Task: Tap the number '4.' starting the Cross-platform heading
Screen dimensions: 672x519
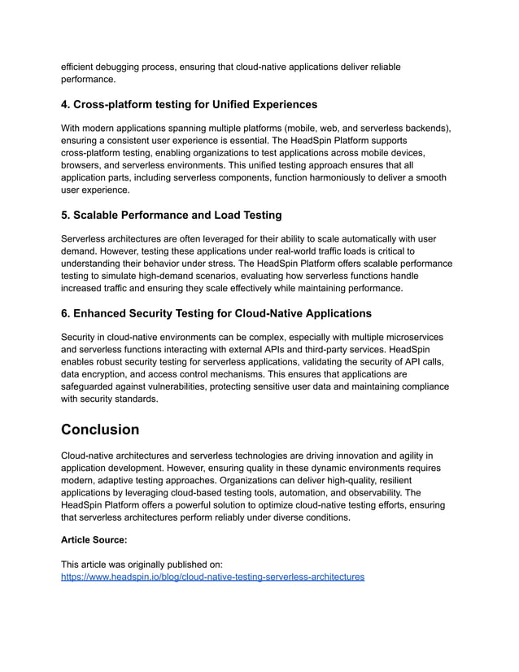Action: click(67, 104)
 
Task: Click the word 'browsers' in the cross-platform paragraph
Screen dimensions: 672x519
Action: click(83, 165)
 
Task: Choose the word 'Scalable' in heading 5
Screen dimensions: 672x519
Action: click(101, 215)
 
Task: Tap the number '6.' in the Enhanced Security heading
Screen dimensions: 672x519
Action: click(67, 313)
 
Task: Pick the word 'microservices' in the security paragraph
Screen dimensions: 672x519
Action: click(412, 338)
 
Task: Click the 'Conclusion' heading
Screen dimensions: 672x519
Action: click(100, 430)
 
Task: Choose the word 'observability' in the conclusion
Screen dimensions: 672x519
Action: click(364, 492)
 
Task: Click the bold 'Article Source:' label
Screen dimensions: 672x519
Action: click(94, 539)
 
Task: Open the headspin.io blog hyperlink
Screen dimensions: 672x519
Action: click(212, 577)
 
